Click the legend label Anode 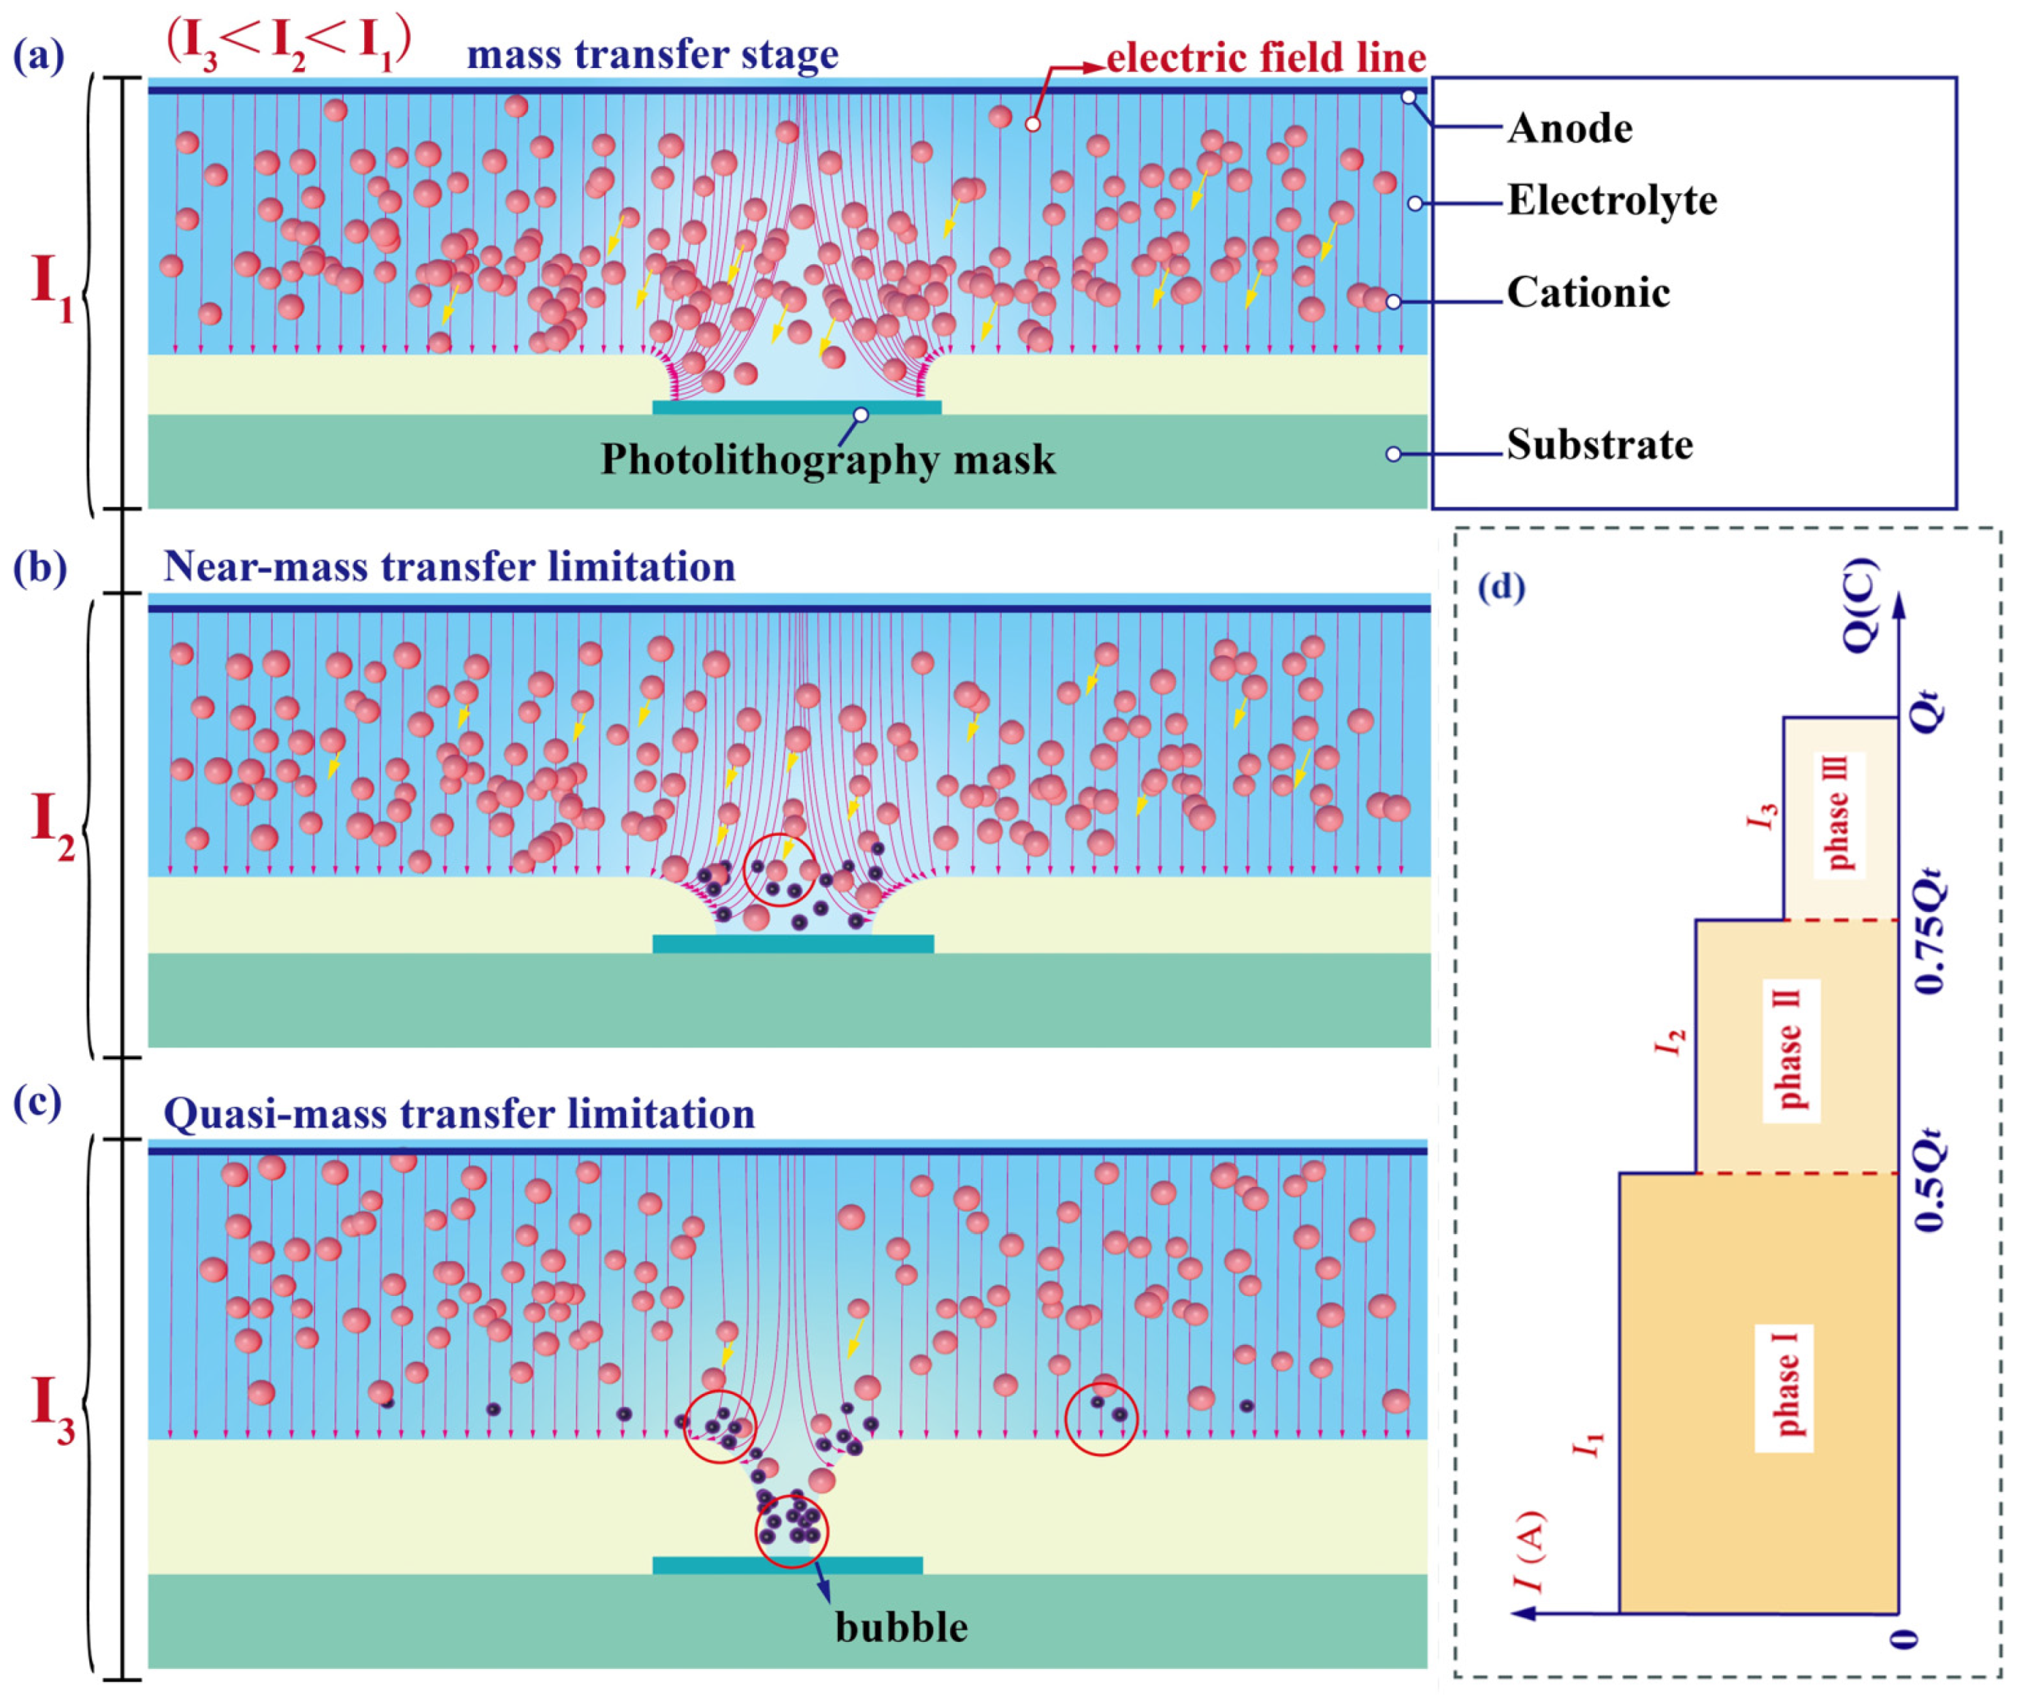coord(1569,128)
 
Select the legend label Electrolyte coord(1611,200)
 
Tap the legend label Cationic coord(1588,293)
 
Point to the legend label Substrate coord(1599,445)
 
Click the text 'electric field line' coord(1265,58)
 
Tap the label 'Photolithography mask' coord(828,459)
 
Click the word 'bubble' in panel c coord(901,1627)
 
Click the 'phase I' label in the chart coord(1786,1387)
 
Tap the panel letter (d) coord(1501,587)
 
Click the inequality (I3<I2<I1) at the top coord(289,46)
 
